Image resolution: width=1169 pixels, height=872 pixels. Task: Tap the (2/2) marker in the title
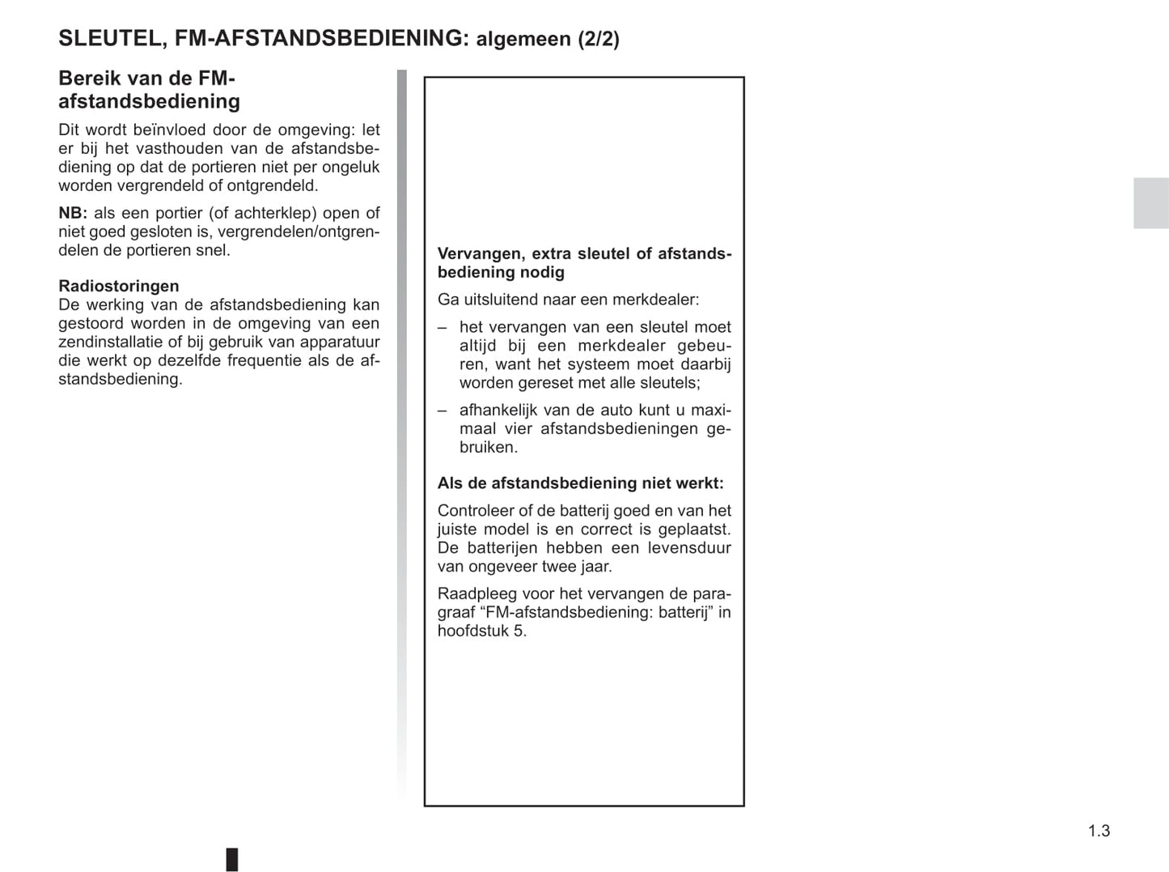pyautogui.click(x=598, y=39)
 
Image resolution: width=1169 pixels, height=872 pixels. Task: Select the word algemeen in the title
pyautogui.click(x=523, y=39)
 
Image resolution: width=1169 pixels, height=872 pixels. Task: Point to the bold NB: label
pyautogui.click(x=73, y=213)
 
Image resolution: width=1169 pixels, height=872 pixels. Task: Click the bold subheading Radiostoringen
pyautogui.click(x=119, y=286)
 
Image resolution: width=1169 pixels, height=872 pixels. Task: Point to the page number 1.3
pyautogui.click(x=1099, y=831)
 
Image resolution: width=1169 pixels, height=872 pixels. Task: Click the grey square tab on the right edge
pyautogui.click(x=1150, y=202)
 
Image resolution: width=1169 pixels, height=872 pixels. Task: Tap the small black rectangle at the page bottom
pyautogui.click(x=232, y=859)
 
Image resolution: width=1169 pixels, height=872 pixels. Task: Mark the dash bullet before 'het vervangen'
pyautogui.click(x=443, y=327)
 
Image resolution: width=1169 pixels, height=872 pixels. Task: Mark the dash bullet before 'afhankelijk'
pyautogui.click(x=443, y=410)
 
